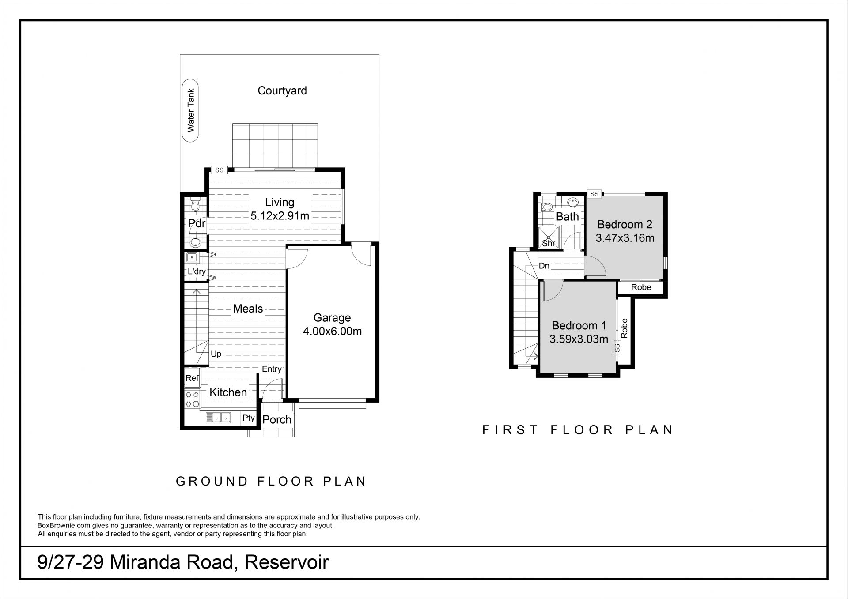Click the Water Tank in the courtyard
point(191,111)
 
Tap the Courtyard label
point(282,91)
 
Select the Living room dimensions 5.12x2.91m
point(280,216)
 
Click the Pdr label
point(197,223)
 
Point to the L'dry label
point(197,271)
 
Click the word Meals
point(248,309)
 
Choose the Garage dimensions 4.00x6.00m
point(332,332)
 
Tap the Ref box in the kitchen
point(192,378)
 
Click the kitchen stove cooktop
point(192,399)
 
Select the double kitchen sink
point(218,417)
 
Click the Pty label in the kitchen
point(249,418)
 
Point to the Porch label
point(277,420)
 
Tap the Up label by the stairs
point(216,354)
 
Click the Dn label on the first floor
point(544,266)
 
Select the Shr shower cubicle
point(549,237)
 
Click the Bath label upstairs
point(568,217)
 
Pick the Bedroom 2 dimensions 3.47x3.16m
point(625,238)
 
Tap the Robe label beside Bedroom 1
point(624,328)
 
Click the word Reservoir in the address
point(287,563)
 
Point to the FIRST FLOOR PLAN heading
point(578,430)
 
